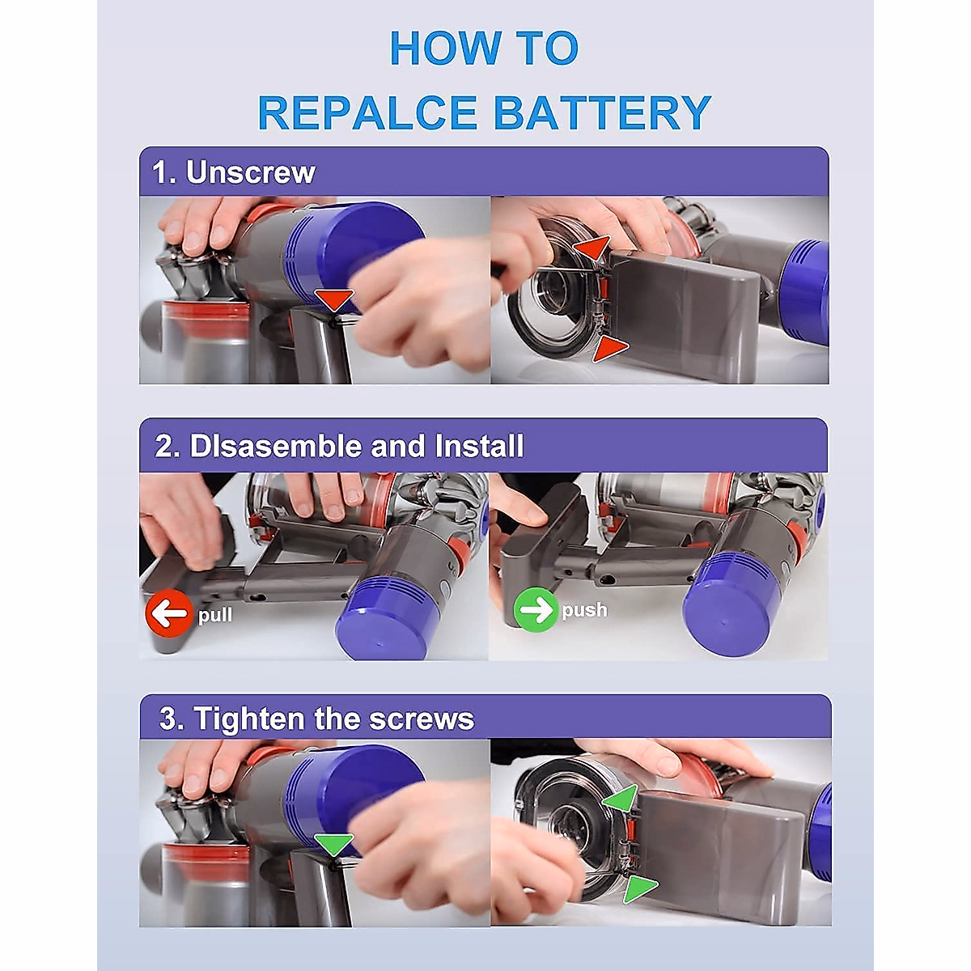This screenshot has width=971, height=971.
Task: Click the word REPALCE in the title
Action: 367,112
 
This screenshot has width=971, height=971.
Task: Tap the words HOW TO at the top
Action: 484,49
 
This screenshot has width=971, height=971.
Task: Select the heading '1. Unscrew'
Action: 234,172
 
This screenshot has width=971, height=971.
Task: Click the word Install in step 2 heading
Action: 479,446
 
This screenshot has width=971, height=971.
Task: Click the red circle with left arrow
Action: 168,614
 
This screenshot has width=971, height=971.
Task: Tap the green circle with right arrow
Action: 536,610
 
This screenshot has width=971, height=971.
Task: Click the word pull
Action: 215,615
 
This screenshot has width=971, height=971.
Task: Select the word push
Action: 584,610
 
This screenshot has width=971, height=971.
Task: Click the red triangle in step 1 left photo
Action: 334,299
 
